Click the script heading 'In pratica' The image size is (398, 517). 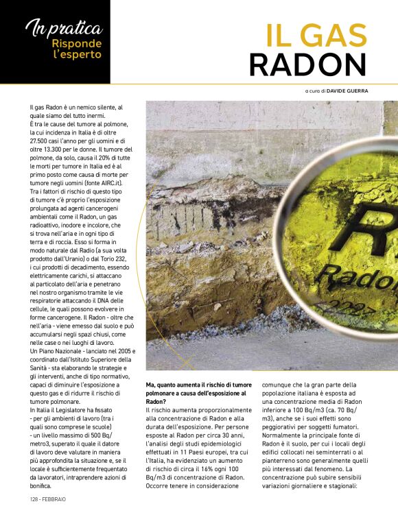[x=64, y=29]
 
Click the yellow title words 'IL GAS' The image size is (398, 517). [x=316, y=36]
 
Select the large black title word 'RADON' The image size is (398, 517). [x=307, y=65]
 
